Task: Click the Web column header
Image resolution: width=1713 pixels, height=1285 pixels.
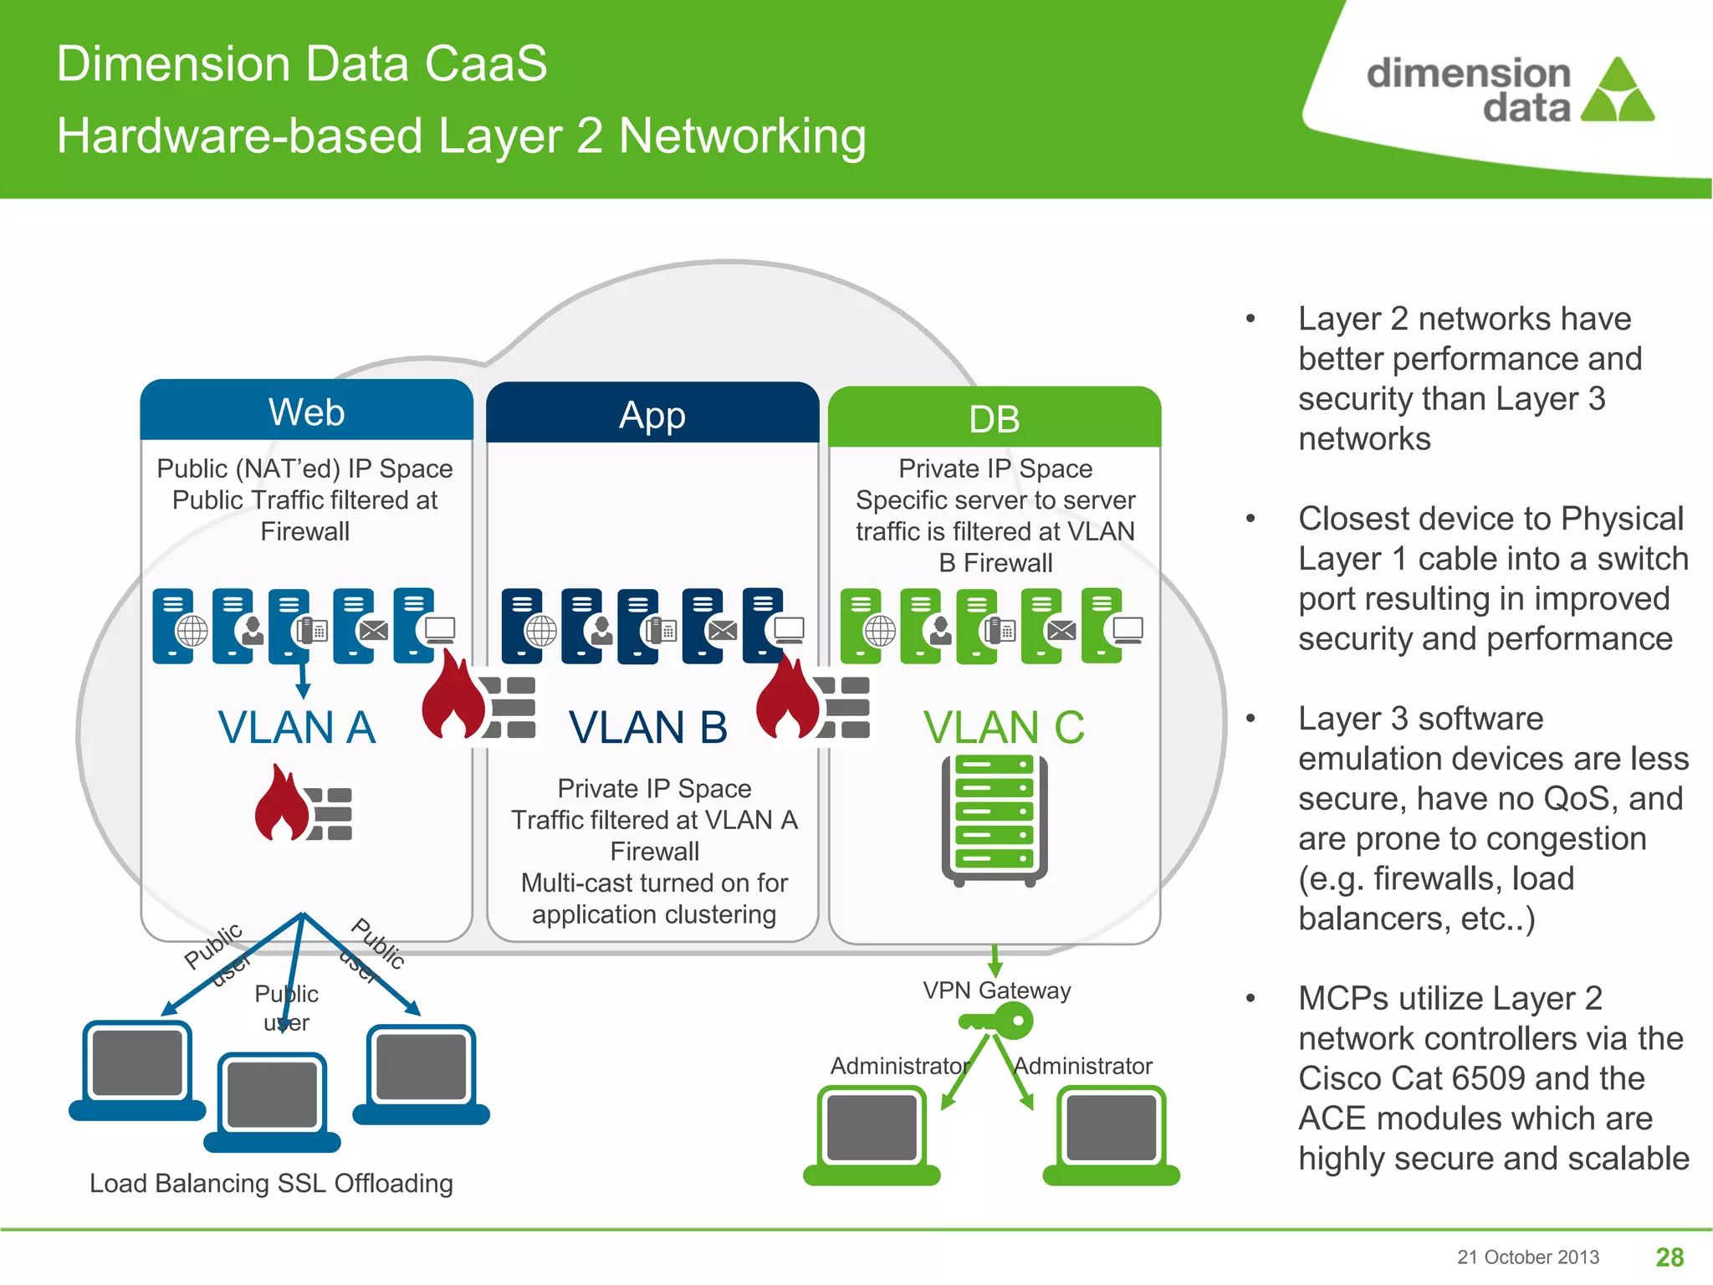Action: click(x=306, y=412)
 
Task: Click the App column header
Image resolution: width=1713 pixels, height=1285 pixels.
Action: click(x=652, y=415)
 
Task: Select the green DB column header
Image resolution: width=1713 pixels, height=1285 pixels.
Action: click(x=994, y=418)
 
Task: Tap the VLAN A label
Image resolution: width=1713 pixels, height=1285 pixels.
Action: click(x=297, y=726)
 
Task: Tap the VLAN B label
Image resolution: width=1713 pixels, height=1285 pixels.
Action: click(x=648, y=726)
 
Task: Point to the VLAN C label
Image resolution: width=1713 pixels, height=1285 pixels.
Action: click(x=1004, y=726)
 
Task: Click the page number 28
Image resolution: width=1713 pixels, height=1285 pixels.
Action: click(x=1670, y=1257)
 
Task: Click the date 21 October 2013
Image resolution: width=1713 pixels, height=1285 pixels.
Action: click(x=1527, y=1257)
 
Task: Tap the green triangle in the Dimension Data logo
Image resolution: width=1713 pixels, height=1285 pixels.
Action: click(x=1618, y=90)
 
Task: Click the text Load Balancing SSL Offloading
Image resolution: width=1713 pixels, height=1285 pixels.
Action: click(x=271, y=1183)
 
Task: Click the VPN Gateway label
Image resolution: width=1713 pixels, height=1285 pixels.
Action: click(x=996, y=990)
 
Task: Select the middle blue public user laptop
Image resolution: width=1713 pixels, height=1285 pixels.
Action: click(x=273, y=1101)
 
